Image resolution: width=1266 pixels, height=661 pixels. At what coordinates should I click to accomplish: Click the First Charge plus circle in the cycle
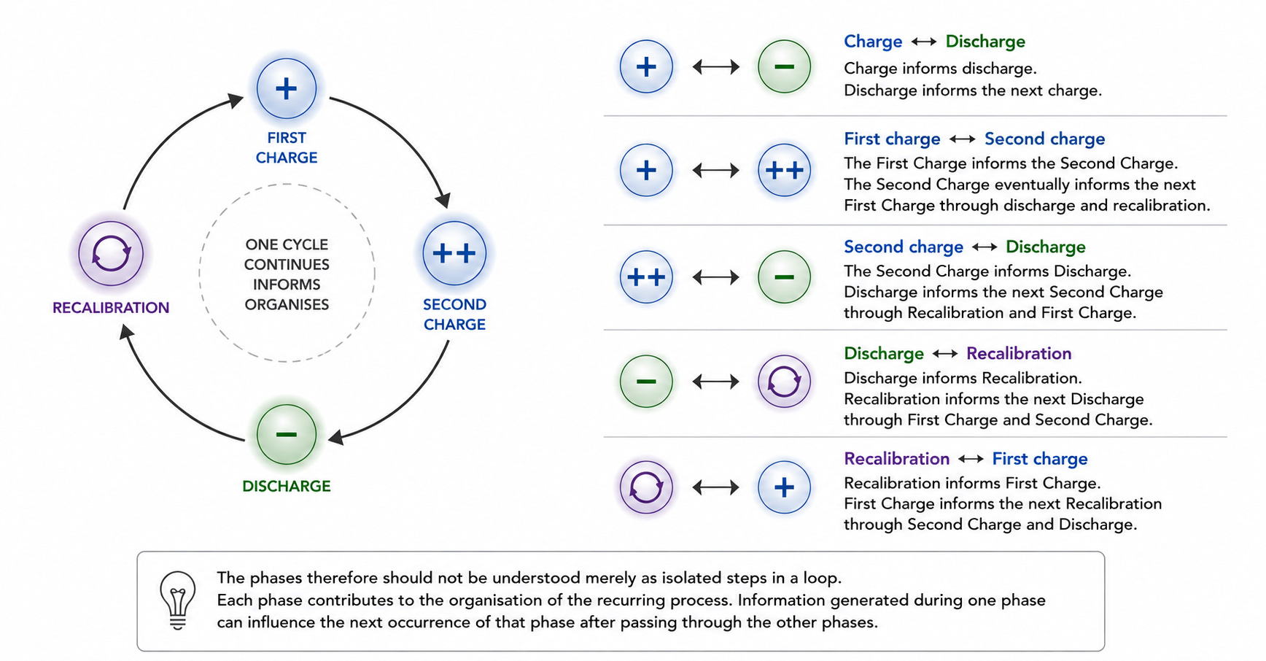[x=287, y=89]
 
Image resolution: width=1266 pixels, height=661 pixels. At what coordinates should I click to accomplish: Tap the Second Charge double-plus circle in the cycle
[x=454, y=253]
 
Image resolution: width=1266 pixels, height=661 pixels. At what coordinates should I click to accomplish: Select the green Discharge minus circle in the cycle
[x=287, y=435]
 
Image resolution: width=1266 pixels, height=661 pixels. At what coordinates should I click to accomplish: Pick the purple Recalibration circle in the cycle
[x=111, y=254]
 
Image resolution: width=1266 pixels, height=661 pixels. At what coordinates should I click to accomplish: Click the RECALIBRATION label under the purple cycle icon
[x=111, y=308]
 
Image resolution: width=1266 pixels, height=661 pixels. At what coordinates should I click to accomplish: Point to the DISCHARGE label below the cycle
[x=287, y=486]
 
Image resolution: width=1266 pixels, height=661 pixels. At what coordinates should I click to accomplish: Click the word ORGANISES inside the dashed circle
[x=287, y=304]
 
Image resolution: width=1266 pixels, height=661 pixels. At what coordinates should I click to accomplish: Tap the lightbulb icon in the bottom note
[x=178, y=600]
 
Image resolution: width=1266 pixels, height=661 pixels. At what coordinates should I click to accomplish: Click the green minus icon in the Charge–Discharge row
[x=784, y=67]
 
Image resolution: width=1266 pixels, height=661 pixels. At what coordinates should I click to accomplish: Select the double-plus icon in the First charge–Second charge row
[x=784, y=171]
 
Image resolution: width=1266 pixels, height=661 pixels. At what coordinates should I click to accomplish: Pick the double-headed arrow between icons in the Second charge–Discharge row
[x=716, y=277]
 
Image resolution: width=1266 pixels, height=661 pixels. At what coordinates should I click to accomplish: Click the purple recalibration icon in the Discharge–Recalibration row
[x=784, y=382]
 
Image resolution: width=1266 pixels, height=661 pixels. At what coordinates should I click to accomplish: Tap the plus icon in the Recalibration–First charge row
[x=784, y=487]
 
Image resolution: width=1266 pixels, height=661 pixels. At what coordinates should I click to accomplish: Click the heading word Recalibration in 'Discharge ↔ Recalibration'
[x=1019, y=354]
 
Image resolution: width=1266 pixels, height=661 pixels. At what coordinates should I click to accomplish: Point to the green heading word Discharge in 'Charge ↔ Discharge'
[x=985, y=42]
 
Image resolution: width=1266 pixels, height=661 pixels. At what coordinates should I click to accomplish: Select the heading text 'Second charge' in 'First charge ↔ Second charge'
[x=1044, y=139]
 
